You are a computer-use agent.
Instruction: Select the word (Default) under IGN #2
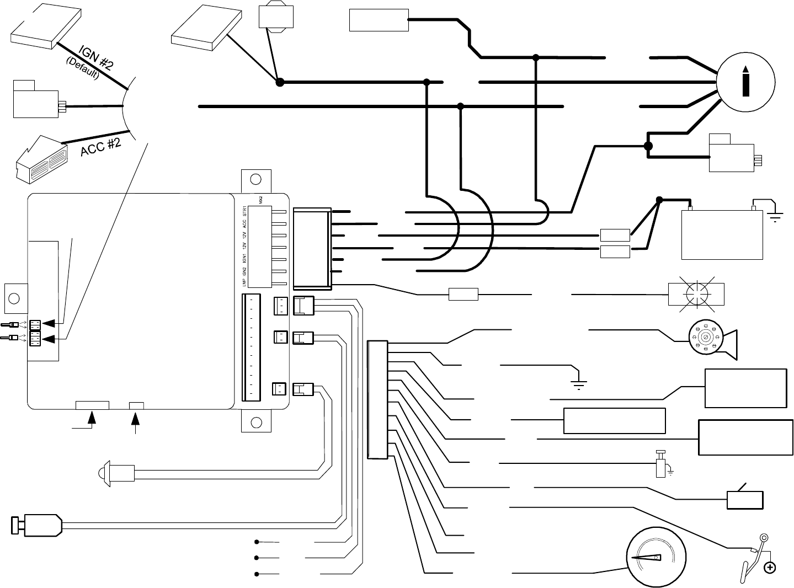82,70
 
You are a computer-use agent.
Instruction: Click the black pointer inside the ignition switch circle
745,82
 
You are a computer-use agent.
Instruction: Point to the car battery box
722,234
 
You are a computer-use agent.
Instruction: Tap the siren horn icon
712,340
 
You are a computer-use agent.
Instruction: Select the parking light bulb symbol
695,294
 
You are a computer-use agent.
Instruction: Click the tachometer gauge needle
646,558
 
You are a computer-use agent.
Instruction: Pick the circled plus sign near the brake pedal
769,568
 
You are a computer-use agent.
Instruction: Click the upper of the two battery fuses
615,235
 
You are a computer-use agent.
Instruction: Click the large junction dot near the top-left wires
280,82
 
